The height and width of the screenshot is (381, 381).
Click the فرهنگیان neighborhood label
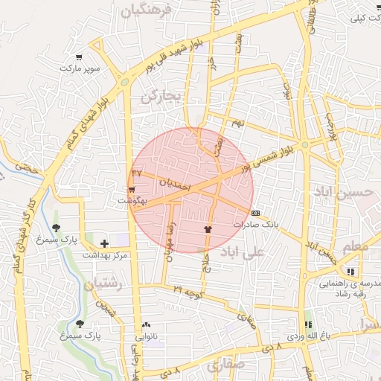click(148, 10)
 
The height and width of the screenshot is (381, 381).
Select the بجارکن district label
click(160, 95)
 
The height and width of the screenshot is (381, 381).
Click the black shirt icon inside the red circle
click(208, 228)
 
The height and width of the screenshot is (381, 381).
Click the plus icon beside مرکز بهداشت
click(104, 243)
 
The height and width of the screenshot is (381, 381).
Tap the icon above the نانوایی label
click(146, 325)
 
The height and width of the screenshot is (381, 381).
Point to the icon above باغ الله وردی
click(308, 324)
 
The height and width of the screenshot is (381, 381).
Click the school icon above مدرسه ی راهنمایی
click(350, 272)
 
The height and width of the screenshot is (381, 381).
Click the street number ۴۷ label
click(137, 173)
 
